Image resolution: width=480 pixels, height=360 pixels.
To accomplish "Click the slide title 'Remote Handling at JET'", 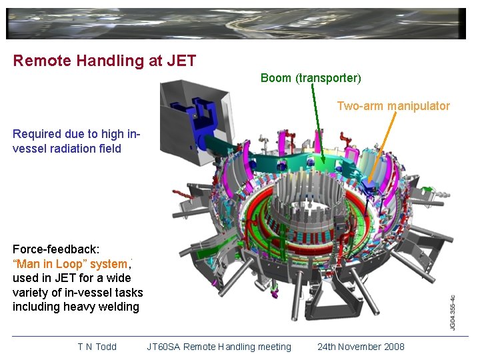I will (x=105, y=61).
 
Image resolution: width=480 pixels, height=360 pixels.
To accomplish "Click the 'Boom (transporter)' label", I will (x=311, y=78).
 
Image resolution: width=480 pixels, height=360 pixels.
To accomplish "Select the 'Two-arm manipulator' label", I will (x=393, y=106).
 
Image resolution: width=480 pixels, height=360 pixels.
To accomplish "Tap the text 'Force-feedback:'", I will (x=56, y=249).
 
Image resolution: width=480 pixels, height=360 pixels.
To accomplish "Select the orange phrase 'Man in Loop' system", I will (x=69, y=264).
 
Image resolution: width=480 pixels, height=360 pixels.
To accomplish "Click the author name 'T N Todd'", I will (x=97, y=347).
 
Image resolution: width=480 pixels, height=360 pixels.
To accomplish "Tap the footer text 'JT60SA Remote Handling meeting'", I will (x=219, y=347).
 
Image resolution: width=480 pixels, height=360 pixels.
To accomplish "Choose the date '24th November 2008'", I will (x=361, y=347).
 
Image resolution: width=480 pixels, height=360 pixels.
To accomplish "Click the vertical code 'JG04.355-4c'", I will (x=452, y=312).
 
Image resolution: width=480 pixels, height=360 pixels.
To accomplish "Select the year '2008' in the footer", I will (x=393, y=347).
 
